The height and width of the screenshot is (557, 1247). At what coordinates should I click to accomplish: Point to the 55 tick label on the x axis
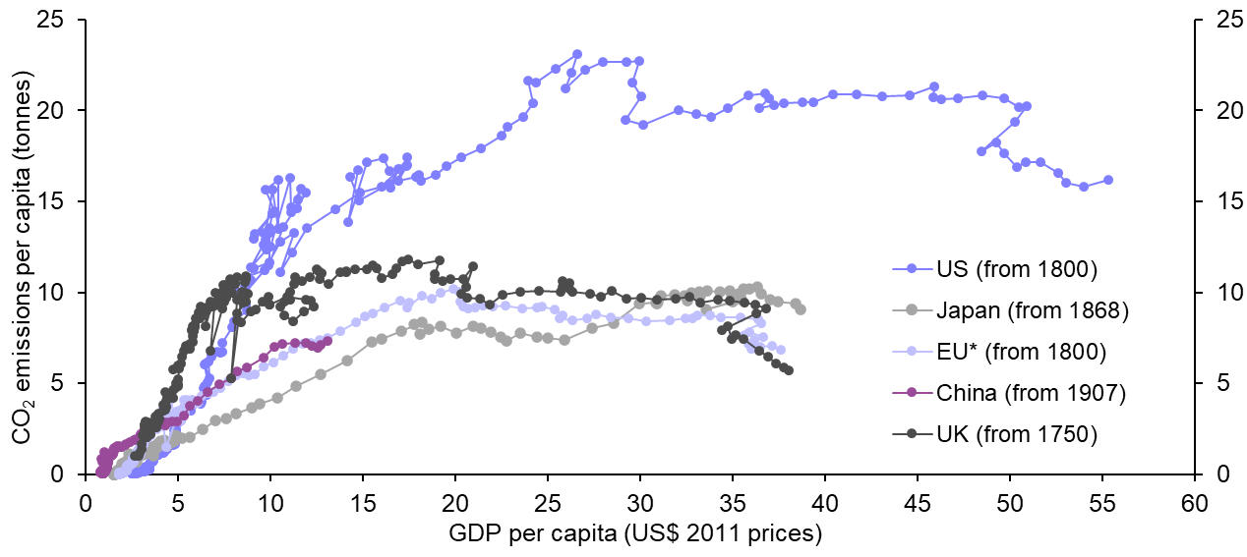1101,505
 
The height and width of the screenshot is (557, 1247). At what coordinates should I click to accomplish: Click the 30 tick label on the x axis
639,505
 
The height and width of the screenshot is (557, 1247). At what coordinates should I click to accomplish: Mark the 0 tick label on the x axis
86,505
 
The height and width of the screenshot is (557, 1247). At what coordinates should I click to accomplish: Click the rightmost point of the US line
1108,180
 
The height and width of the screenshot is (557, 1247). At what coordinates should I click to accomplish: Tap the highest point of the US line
577,54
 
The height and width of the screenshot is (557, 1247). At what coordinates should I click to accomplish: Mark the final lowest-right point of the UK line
789,370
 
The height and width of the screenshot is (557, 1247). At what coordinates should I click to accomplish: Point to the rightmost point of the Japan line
802,309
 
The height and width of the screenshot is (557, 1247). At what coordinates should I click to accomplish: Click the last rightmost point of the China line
327,341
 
